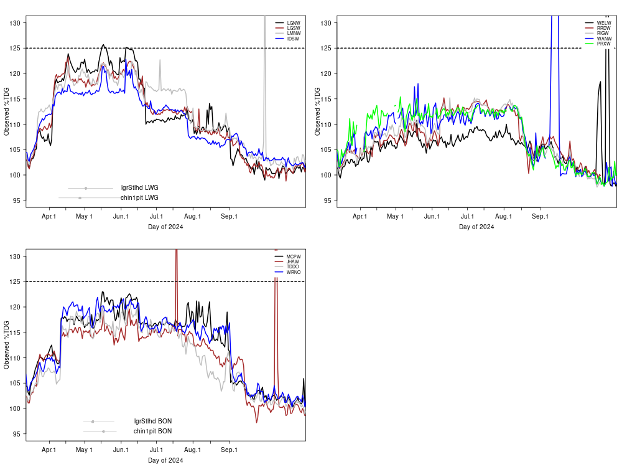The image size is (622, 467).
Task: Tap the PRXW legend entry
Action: [x=603, y=44]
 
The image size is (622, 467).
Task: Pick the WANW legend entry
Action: [x=604, y=39]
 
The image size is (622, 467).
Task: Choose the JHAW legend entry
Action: [x=293, y=262]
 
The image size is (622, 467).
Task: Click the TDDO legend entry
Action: [x=293, y=267]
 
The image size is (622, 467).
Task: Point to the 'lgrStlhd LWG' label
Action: [x=140, y=188]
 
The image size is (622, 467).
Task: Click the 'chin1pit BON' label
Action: [x=152, y=431]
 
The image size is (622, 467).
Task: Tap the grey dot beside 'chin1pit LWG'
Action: [x=80, y=198]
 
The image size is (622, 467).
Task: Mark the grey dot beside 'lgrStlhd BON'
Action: [x=93, y=422]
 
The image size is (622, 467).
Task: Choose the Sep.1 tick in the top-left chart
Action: [x=230, y=217]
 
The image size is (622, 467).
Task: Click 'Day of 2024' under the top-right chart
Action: [x=476, y=227]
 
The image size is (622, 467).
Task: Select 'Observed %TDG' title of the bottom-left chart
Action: [x=7, y=345]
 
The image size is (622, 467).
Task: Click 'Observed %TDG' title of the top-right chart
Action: [x=318, y=111]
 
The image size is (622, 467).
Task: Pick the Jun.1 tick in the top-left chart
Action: [x=121, y=217]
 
